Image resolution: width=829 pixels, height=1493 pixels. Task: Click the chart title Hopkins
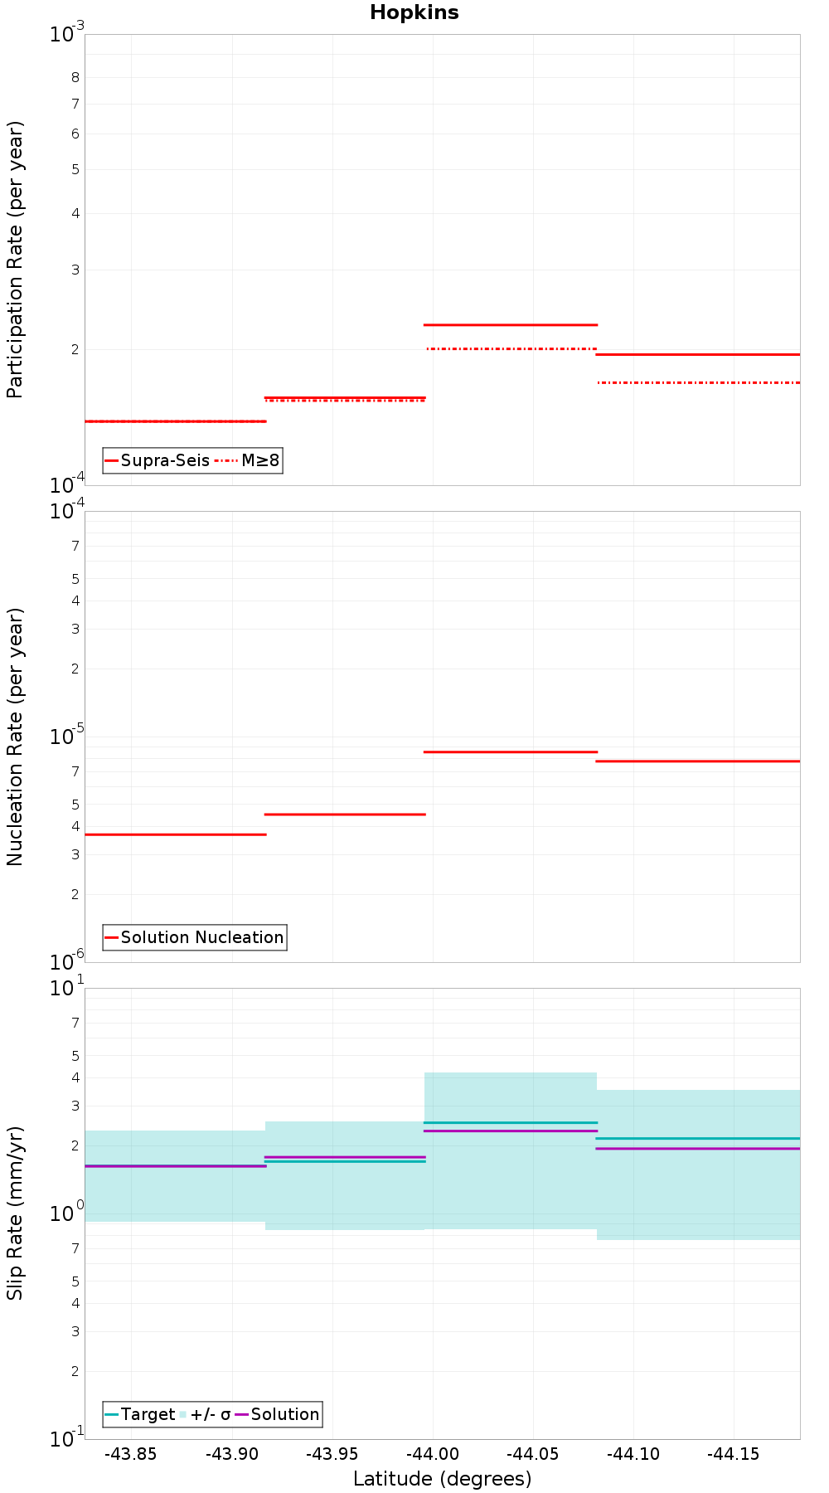[414, 12]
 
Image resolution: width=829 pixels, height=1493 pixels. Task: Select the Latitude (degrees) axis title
[442, 1479]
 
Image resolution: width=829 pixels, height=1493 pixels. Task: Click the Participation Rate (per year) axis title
[15, 260]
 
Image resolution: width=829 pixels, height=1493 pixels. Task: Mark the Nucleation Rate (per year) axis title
[15, 737]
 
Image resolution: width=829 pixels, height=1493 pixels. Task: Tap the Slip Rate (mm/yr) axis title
[15, 1213]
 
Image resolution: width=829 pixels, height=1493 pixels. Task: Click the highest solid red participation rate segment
[510, 324]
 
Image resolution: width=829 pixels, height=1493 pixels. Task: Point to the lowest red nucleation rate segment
[176, 834]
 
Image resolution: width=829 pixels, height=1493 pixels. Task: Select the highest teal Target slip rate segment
[510, 1122]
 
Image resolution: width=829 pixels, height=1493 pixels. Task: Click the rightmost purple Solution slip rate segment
[698, 1149]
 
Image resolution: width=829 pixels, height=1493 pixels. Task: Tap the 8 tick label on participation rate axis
[75, 78]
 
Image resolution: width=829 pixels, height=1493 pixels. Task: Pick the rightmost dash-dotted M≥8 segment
[698, 382]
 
